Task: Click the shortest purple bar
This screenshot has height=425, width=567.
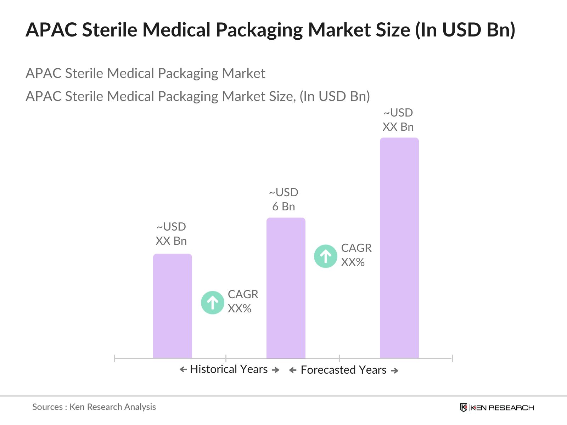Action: point(172,306)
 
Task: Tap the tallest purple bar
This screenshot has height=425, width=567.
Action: point(399,248)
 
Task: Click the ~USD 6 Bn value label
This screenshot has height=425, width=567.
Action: point(283,199)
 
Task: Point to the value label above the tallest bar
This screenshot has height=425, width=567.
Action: point(398,120)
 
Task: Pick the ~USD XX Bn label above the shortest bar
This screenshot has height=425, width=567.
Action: point(171,234)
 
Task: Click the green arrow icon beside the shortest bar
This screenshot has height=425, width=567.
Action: point(212,302)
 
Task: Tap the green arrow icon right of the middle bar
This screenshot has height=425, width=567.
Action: point(325,256)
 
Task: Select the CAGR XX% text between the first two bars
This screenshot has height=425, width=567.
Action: point(243,301)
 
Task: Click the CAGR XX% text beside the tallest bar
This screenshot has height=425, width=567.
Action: point(356,255)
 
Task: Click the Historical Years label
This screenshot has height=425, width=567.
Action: point(229,369)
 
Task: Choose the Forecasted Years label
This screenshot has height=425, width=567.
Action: point(343,370)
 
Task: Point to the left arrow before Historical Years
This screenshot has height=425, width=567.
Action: point(183,370)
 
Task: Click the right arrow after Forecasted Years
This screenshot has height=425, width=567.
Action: point(395,371)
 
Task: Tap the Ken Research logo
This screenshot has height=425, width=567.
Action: point(497,408)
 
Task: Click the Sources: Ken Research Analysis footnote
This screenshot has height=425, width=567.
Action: point(94,407)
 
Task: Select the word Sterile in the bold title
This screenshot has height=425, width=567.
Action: point(110,30)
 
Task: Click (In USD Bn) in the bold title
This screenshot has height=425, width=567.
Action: point(465,30)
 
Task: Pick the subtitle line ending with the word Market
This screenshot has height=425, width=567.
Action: point(145,73)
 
